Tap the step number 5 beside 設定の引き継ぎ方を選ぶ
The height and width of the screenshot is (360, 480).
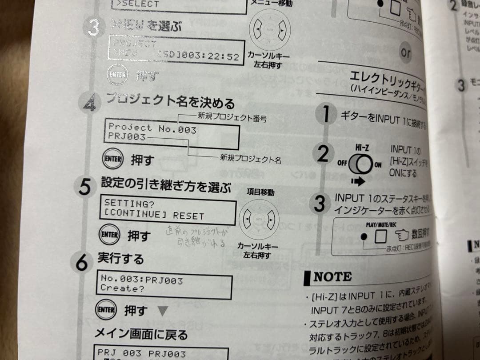click(84, 186)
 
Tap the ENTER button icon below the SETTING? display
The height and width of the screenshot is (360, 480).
click(108, 236)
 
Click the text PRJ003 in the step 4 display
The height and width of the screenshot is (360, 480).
click(127, 137)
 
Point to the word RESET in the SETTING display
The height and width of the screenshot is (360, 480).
click(189, 216)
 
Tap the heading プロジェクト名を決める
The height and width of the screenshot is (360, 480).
click(170, 104)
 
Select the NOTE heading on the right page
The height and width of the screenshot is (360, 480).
click(332, 277)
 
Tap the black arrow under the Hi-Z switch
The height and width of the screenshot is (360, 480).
click(357, 181)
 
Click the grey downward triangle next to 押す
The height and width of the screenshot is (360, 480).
click(163, 311)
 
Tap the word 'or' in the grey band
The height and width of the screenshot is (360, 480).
click(405, 53)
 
